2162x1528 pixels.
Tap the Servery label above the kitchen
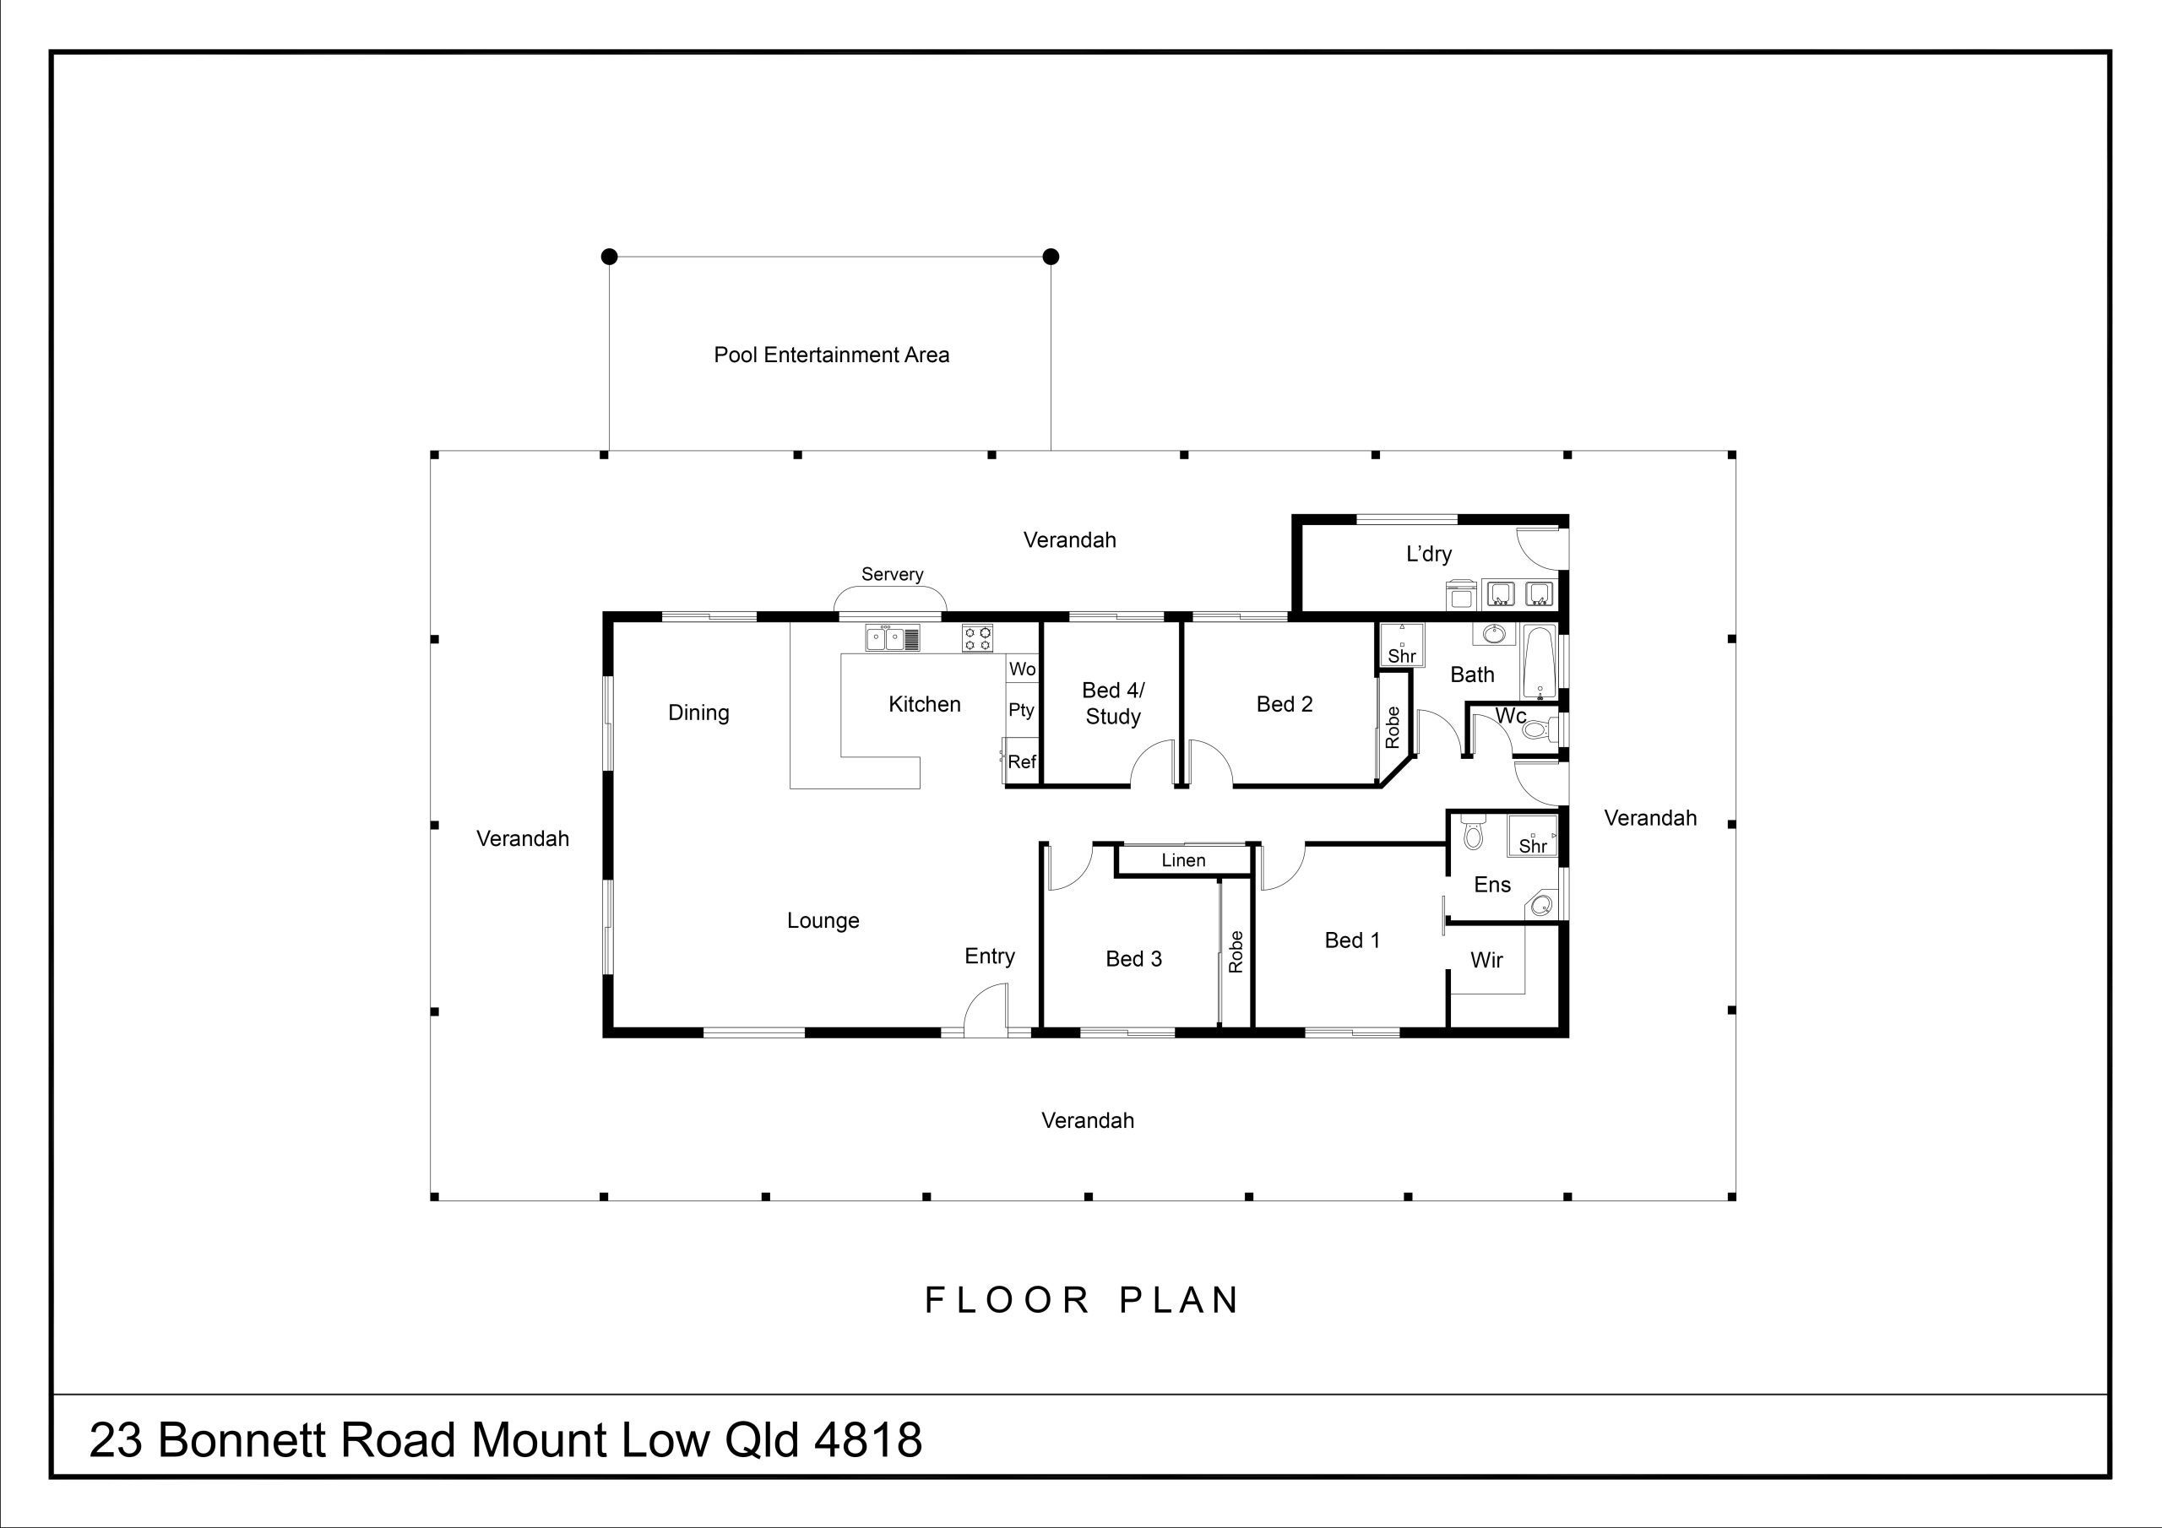click(x=892, y=574)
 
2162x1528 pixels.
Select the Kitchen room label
click(x=924, y=704)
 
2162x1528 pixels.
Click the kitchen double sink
click(x=893, y=639)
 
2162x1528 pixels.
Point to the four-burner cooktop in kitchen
click(x=977, y=639)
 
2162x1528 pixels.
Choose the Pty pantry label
click(x=1021, y=710)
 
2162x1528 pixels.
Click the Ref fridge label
click(x=1022, y=761)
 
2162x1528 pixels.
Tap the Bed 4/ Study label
click(x=1112, y=703)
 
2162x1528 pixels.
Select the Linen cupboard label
click(x=1182, y=860)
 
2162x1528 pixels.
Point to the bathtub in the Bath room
click(x=1540, y=662)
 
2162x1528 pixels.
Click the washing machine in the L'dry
click(x=1461, y=594)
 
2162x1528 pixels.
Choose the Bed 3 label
click(x=1133, y=959)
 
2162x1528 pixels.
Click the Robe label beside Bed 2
click(x=1393, y=728)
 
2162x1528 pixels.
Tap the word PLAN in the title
click(x=1180, y=1300)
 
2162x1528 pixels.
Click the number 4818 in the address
click(x=867, y=1440)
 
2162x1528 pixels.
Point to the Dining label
click(x=698, y=713)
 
